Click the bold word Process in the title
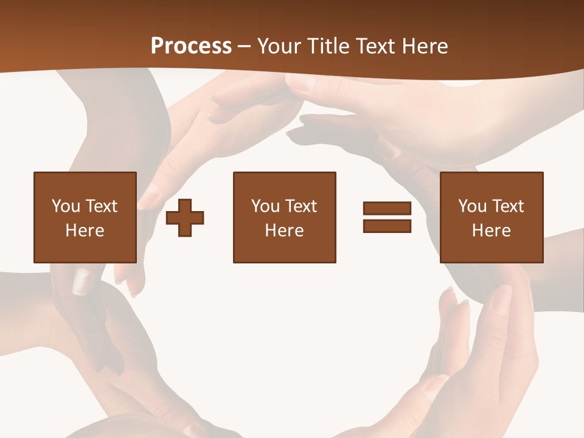coord(191,46)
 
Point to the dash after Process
coord(245,46)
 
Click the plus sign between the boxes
coord(185,218)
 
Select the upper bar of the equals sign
coord(388,209)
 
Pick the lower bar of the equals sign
coord(388,226)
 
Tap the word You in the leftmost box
coord(66,206)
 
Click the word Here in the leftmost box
coord(85,231)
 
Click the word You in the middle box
coord(265,206)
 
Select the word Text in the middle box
coord(300,206)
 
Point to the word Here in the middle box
coord(284,231)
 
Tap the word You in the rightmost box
coord(472,206)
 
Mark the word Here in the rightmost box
coord(491,231)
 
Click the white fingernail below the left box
coord(81,281)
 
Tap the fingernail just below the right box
coord(502,297)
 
